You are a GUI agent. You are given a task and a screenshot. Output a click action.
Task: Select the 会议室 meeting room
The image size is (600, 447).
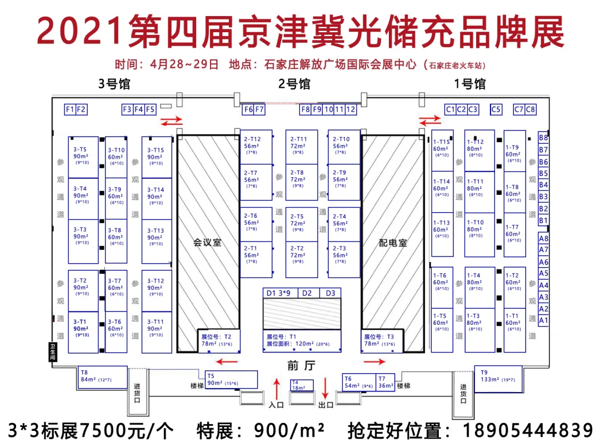[x=207, y=243]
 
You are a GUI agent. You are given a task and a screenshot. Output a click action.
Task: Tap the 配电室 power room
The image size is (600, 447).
[x=393, y=243]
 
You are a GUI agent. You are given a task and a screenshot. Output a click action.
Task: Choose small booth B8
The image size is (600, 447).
[x=543, y=138]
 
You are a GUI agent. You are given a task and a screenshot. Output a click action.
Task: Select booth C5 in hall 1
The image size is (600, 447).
[x=496, y=109]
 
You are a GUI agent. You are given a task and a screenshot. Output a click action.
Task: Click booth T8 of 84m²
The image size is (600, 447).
[x=103, y=376]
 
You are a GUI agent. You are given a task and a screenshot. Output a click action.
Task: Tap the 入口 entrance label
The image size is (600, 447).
[x=276, y=405]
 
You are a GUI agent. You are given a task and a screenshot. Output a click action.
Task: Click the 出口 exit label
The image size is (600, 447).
[x=326, y=405]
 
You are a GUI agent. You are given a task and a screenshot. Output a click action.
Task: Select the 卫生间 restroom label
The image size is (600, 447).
[x=53, y=351]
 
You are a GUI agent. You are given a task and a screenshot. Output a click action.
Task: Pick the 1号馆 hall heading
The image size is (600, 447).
[x=470, y=84]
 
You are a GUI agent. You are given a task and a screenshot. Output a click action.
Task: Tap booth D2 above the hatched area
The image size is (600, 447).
[x=307, y=293]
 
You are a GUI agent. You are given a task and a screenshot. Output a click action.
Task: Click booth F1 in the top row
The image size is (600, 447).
[x=70, y=109]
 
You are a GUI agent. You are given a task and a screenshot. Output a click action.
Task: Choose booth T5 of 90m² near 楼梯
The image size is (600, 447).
[x=231, y=380]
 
